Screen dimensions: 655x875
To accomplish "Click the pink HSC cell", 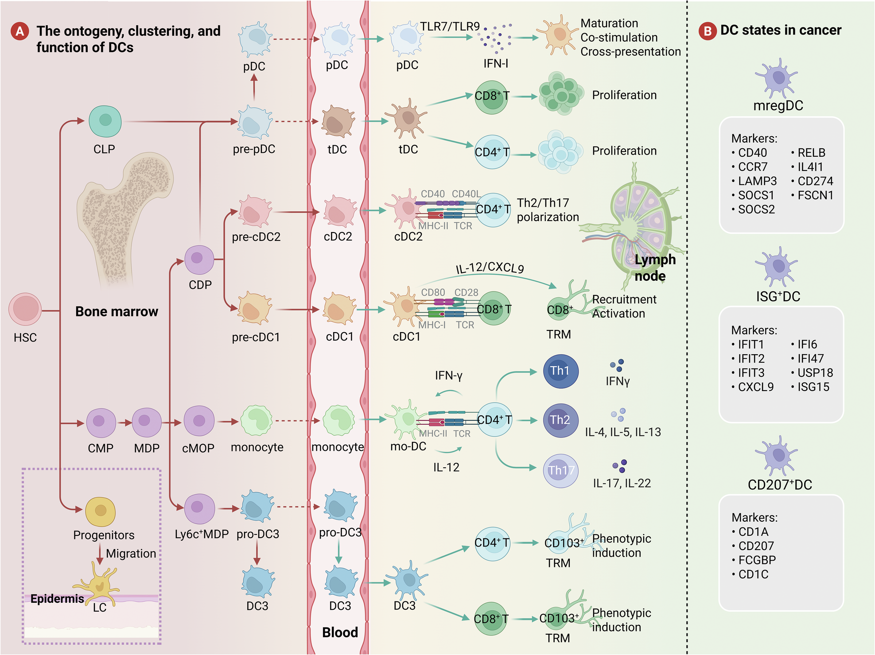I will pyautogui.click(x=25, y=309).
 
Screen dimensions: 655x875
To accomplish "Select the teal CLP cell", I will pyautogui.click(x=105, y=121).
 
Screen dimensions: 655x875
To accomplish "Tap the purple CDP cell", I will pyautogui.click(x=199, y=260).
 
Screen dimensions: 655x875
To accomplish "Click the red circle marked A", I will pyautogui.click(x=20, y=31).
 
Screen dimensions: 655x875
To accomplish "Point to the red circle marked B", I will pyautogui.click(x=707, y=31).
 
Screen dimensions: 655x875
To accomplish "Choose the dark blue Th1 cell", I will pyautogui.click(x=560, y=371).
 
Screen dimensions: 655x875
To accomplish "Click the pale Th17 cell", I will pyautogui.click(x=561, y=471).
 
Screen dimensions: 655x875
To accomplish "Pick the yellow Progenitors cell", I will pyautogui.click(x=101, y=511).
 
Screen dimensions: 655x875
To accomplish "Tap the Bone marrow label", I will pyautogui.click(x=117, y=311).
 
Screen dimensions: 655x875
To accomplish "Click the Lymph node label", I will pyautogui.click(x=654, y=267).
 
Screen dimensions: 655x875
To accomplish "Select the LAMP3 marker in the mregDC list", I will pyautogui.click(x=757, y=181).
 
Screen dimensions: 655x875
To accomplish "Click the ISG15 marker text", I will pyautogui.click(x=813, y=387).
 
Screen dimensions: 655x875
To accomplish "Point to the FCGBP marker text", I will pyautogui.click(x=757, y=560).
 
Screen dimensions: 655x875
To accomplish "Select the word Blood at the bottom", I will pyautogui.click(x=340, y=632).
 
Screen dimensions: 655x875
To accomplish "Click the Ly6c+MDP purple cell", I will pyautogui.click(x=199, y=509).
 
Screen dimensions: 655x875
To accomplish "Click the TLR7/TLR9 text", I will pyautogui.click(x=450, y=27).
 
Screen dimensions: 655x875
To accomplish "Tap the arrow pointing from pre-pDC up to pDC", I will pyautogui.click(x=254, y=87).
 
